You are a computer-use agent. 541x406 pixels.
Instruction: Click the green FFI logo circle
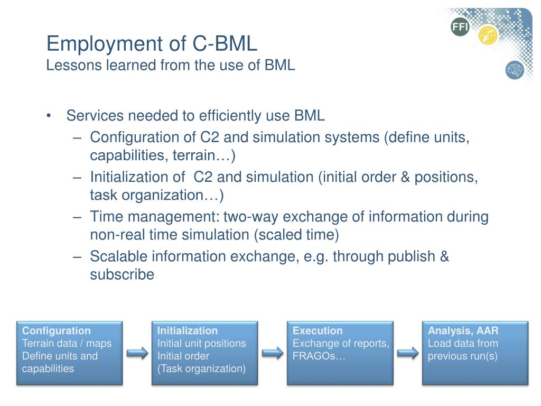460,27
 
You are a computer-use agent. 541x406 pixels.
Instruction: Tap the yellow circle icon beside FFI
488,35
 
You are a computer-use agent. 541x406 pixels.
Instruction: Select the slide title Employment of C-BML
152,43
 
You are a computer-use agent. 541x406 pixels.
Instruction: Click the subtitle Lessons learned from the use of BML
171,66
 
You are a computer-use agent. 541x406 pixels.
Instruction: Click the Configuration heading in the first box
57,331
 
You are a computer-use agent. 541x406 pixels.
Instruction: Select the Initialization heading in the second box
188,331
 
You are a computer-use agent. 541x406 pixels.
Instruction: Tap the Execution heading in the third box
318,331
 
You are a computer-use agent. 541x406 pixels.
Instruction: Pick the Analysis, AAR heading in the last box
463,331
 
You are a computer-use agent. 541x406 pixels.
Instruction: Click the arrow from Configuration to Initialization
137,353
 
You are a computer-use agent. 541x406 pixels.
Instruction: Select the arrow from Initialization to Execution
273,353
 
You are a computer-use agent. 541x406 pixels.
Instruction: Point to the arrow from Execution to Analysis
408,353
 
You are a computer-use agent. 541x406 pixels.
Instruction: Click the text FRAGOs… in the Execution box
319,356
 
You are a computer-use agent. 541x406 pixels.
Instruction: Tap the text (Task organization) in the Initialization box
201,369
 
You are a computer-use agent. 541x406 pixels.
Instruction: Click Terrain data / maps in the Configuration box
67,344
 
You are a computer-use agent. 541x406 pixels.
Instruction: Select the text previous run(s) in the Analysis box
463,356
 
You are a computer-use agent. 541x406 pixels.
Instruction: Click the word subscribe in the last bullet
122,275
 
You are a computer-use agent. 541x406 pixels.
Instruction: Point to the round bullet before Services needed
49,116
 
